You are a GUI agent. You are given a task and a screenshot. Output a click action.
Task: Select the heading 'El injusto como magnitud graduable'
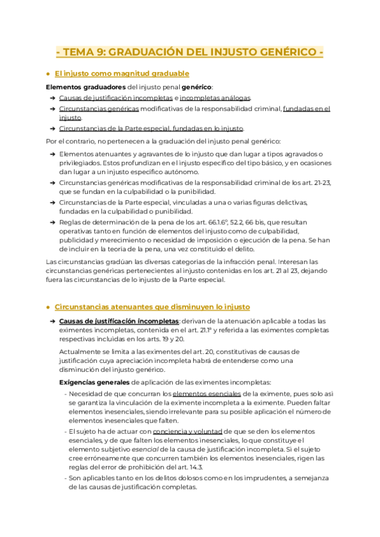tap(122, 73)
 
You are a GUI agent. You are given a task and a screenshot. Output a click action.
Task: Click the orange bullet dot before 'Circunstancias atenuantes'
tap(48, 306)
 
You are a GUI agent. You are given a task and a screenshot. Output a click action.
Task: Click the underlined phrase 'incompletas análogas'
tap(215, 98)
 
